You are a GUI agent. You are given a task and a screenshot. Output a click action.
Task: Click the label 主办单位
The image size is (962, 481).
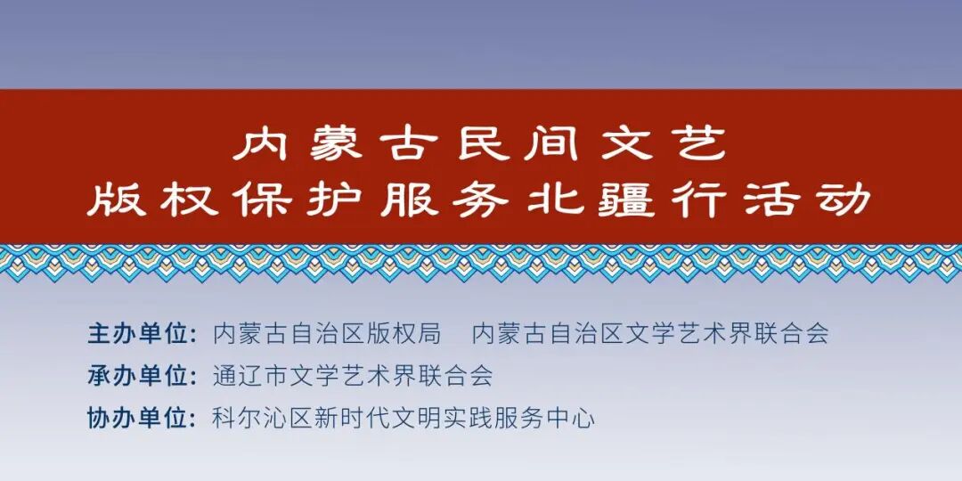coord(141,334)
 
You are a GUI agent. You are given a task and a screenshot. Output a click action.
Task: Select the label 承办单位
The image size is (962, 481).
coord(141,376)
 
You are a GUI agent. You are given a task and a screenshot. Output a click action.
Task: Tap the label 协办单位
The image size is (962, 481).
coord(141,418)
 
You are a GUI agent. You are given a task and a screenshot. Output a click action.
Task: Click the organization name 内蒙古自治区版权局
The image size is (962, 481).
coord(327,334)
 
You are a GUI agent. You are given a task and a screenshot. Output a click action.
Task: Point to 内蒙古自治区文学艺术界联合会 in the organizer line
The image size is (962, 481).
coord(650,334)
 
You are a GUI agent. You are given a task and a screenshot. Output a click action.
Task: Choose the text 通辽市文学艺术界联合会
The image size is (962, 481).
coord(353,376)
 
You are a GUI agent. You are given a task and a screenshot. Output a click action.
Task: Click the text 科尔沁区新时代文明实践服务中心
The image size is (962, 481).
coord(404,418)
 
